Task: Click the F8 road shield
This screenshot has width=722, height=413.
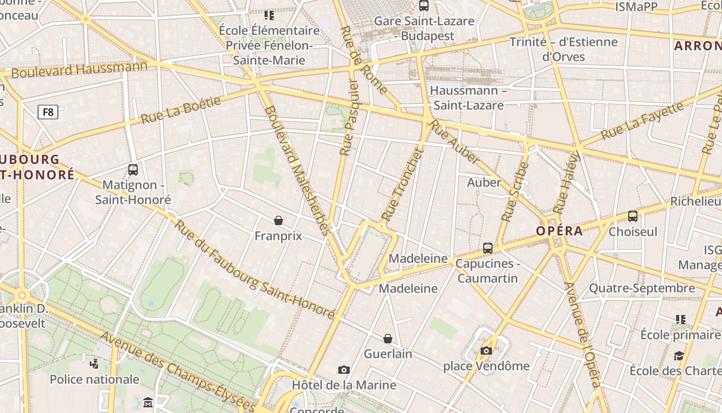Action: [47, 112]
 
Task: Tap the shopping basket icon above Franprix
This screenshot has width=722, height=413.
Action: [278, 221]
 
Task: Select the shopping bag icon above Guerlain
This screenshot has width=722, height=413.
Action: [388, 339]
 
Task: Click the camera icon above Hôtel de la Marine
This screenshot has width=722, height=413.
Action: [344, 370]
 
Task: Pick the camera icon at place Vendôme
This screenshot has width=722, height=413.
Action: [486, 351]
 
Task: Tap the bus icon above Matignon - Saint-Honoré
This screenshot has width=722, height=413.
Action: [133, 170]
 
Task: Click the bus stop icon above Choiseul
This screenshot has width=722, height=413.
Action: [633, 216]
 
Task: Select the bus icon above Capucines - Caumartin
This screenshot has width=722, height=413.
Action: [488, 248]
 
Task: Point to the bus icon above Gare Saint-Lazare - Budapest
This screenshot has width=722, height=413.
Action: [424, 6]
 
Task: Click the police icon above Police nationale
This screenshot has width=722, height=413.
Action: [94, 364]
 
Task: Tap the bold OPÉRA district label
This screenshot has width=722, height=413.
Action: [559, 231]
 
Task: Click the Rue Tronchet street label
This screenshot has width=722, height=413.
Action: [402, 185]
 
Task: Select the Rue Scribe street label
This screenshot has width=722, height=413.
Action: [514, 192]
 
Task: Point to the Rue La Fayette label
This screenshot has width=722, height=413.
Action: [642, 120]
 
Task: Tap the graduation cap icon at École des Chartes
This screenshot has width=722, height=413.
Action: [679, 356]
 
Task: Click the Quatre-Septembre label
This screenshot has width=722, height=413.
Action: [642, 288]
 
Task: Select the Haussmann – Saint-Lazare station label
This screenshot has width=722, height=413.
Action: [468, 98]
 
